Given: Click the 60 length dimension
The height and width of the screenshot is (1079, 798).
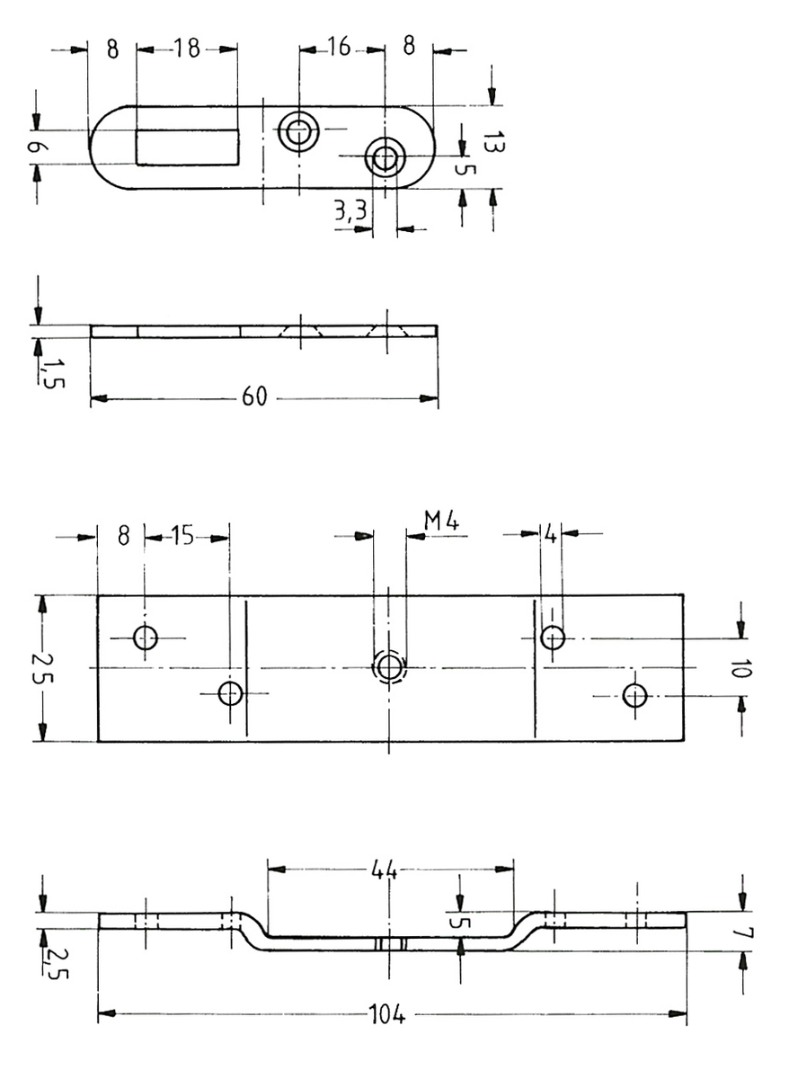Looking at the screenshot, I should click(254, 397).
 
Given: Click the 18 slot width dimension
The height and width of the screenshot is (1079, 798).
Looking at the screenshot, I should click(186, 49).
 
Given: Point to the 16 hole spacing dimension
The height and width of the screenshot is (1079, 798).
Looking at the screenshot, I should click(338, 48).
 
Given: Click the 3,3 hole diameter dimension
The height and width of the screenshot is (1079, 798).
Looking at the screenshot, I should click(350, 212).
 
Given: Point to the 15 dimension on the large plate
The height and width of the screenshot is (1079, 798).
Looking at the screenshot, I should click(182, 536).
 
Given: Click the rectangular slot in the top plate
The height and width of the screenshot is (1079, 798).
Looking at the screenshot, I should click(188, 147).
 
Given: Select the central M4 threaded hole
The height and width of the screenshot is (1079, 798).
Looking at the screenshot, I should click(389, 667).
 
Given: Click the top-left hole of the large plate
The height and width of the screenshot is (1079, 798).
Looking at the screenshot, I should click(145, 638).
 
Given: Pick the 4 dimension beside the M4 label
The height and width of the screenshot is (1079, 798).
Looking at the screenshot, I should click(550, 535).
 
